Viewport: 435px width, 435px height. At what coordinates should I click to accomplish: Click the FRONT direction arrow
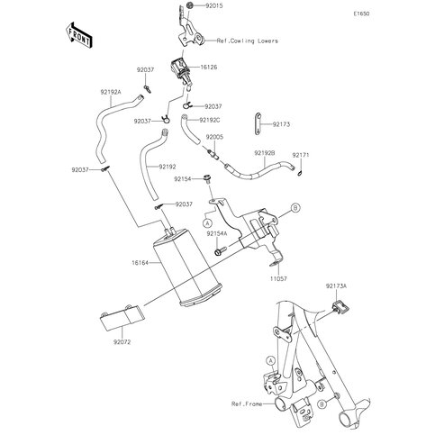(78, 34)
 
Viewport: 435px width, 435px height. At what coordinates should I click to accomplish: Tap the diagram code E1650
(361, 14)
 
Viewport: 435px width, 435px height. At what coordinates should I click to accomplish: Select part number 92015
(214, 5)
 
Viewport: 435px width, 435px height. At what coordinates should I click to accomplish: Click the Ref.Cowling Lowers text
(248, 41)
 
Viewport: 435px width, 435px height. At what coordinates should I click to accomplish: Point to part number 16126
(209, 68)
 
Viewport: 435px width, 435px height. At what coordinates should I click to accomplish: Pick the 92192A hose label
(111, 93)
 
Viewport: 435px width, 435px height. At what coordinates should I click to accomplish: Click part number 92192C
(210, 120)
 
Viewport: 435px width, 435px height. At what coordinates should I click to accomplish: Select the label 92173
(281, 124)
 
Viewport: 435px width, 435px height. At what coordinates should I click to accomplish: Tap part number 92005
(214, 137)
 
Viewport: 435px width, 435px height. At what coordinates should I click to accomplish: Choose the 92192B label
(265, 153)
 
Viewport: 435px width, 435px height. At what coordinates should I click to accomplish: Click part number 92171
(301, 155)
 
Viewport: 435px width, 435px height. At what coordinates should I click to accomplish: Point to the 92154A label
(217, 233)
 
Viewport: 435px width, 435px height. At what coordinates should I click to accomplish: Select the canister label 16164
(140, 263)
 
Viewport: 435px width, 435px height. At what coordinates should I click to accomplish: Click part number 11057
(278, 278)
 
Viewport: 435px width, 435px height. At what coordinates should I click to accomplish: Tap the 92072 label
(122, 342)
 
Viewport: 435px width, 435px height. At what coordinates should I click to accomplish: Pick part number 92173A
(336, 286)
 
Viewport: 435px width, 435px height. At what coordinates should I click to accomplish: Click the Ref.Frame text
(247, 403)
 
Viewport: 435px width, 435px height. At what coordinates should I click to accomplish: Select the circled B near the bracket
(295, 207)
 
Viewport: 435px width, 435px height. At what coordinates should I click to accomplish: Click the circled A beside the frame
(271, 360)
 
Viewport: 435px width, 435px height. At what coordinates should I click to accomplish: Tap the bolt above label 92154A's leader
(207, 178)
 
